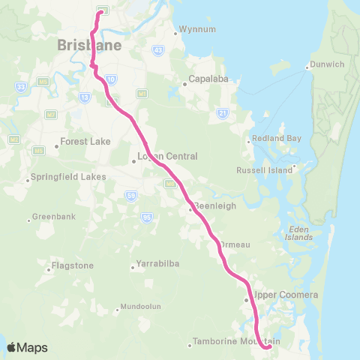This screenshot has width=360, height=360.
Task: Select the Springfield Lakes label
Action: pyautogui.click(x=67, y=178)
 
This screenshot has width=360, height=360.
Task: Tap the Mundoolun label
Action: pyautogui.click(x=140, y=307)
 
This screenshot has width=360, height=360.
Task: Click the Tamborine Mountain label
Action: pyautogui.click(x=236, y=341)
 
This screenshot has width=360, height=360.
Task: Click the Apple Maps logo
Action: pyautogui.click(x=27, y=347)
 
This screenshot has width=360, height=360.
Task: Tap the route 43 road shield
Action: pyautogui.click(x=158, y=49)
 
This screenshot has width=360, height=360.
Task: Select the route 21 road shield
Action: pyautogui.click(x=222, y=112)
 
